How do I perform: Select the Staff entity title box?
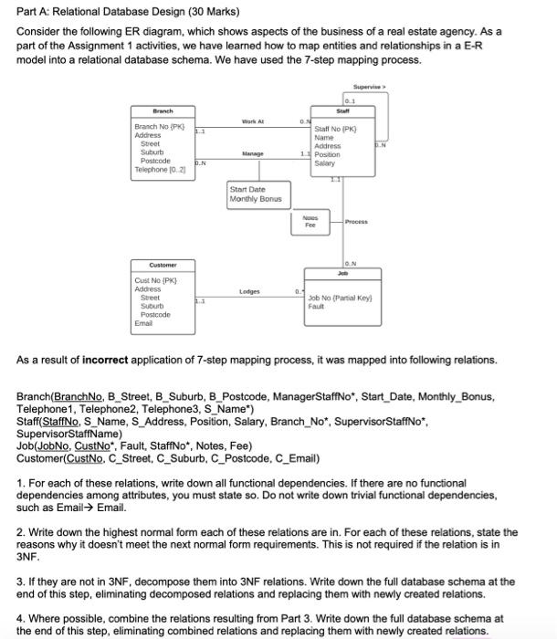tap(343, 111)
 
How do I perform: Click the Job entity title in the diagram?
tap(343, 271)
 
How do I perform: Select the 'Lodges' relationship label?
tap(249, 292)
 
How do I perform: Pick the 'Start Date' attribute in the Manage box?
tap(246, 190)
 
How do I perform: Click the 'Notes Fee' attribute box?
tap(310, 222)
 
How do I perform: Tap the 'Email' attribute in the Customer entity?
tap(142, 322)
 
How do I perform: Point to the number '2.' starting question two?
tap(21, 531)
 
